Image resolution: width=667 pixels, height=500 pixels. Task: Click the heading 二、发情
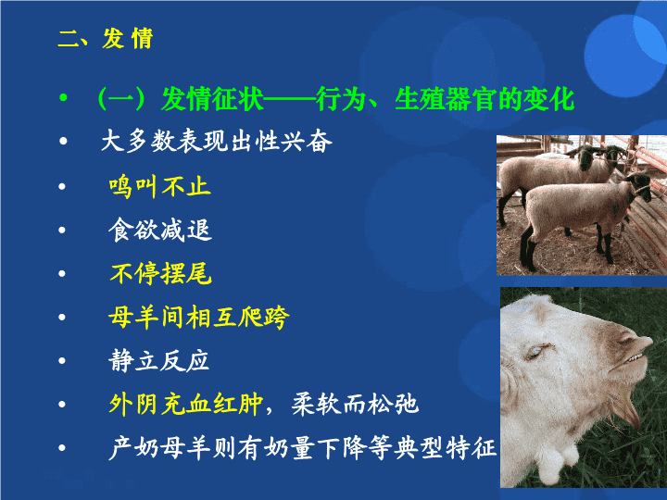point(105,39)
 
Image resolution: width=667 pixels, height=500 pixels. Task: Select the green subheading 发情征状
point(212,99)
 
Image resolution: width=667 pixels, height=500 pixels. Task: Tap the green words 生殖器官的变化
point(485,99)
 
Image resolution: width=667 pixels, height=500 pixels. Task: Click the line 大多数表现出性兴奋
point(216,141)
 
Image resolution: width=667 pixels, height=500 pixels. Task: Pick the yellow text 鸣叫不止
point(159,187)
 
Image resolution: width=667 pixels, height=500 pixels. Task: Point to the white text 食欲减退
point(160,230)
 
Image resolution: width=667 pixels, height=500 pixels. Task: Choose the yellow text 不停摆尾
point(160,273)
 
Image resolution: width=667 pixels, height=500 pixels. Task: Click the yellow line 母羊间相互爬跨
point(198,318)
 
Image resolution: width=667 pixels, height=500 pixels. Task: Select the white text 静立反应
point(158,360)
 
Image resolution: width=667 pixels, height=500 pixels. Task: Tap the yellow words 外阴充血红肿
point(186,404)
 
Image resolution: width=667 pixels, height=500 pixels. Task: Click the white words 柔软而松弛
point(355,404)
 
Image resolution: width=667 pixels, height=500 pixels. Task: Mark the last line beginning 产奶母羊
point(302,448)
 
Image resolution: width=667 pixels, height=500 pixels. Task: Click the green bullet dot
point(63,98)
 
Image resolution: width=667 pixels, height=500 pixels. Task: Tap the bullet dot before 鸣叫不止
point(62,186)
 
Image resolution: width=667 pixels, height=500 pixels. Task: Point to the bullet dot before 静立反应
point(62,360)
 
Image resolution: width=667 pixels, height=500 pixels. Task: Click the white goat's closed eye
point(536,351)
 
